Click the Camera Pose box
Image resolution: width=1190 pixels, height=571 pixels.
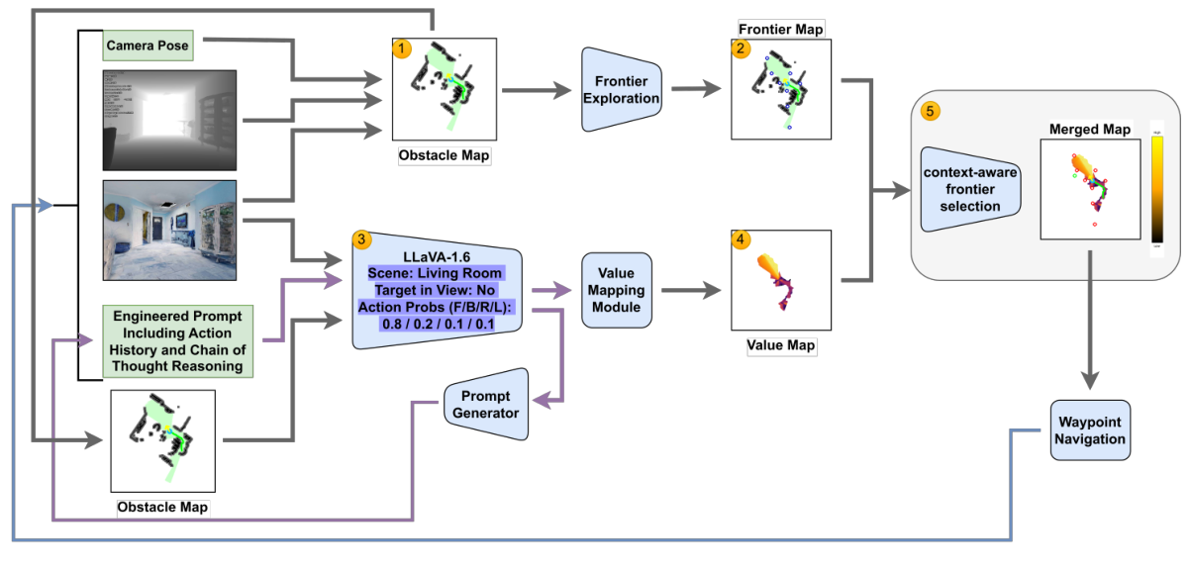click(x=148, y=46)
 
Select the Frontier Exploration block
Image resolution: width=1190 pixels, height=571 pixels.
click(x=622, y=90)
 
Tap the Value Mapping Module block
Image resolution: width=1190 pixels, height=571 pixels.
click(x=622, y=291)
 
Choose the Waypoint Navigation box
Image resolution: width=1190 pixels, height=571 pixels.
click(x=1089, y=430)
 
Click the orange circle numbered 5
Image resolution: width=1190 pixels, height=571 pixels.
click(x=932, y=111)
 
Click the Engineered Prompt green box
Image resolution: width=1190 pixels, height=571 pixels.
click(x=178, y=341)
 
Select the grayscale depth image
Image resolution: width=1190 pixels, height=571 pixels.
click(x=169, y=120)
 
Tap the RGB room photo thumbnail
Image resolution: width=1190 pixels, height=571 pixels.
click(x=169, y=230)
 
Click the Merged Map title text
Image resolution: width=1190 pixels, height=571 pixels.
click(x=1089, y=130)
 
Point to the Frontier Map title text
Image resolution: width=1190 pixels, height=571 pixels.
click(x=781, y=30)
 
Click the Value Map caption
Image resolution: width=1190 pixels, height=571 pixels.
click(x=780, y=346)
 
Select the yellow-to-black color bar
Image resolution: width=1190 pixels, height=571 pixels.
click(x=1156, y=190)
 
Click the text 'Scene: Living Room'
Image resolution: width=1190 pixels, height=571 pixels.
click(x=436, y=272)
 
